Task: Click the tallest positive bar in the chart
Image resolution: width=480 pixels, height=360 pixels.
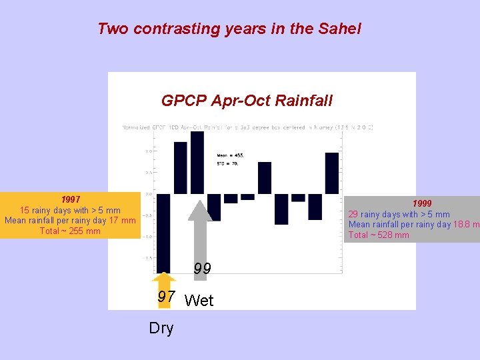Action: pyautogui.click(x=197, y=162)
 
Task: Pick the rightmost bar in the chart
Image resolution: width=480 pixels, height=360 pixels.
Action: pyautogui.click(x=332, y=173)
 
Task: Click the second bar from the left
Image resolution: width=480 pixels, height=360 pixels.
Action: pyautogui.click(x=180, y=168)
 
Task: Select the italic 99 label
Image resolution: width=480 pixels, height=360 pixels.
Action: pyautogui.click(x=202, y=269)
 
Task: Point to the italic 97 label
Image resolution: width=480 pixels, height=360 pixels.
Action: pyautogui.click(x=167, y=297)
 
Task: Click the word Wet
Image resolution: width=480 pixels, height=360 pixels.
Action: pyautogui.click(x=199, y=301)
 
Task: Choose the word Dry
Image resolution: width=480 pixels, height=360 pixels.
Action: pyautogui.click(x=161, y=328)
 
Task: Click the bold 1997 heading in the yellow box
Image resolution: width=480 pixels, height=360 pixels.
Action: pyautogui.click(x=70, y=199)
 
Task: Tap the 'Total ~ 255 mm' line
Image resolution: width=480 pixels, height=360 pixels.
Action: pyautogui.click(x=70, y=231)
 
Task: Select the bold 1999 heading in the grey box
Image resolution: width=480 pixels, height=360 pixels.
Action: pyautogui.click(x=421, y=203)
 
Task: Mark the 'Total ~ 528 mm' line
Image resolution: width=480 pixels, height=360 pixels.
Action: pyautogui.click(x=379, y=235)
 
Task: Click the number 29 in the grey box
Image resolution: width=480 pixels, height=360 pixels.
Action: pyautogui.click(x=353, y=214)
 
